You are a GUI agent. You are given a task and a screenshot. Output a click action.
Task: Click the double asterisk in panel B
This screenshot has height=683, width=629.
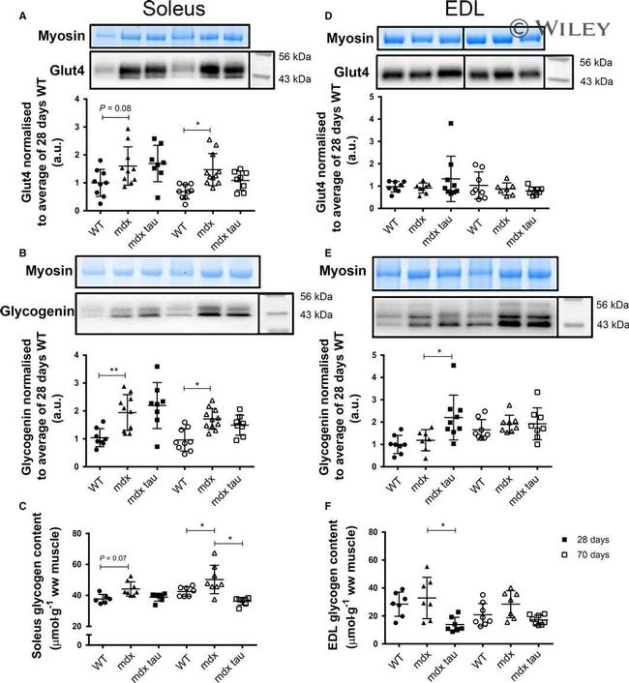[113, 368]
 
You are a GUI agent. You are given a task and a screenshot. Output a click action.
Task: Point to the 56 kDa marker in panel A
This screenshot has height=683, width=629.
[290, 57]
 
